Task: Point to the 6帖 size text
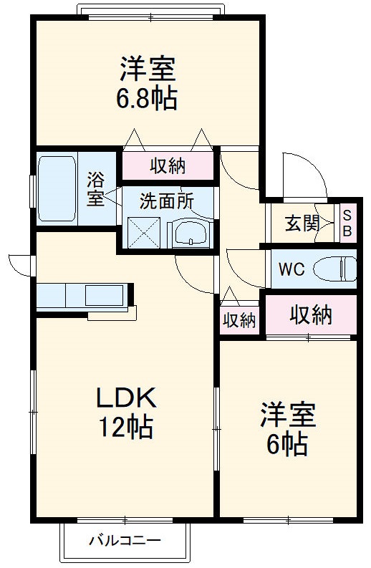[286, 444]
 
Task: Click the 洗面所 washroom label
[166, 201]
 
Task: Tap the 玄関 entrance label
[302, 223]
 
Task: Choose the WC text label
[291, 269]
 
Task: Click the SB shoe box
[347, 223]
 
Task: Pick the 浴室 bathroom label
[96, 188]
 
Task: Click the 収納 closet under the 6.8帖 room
[168, 165]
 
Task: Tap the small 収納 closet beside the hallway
[238, 319]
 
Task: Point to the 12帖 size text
[125, 428]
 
